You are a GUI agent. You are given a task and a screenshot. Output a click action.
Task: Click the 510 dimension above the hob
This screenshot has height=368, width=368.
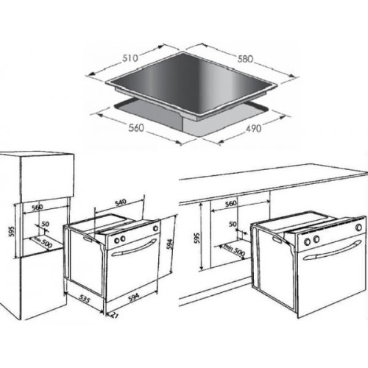click(130, 58)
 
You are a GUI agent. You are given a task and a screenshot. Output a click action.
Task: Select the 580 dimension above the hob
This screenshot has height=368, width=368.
click(245, 59)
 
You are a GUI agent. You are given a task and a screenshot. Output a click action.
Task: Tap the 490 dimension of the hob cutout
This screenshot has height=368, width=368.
click(253, 128)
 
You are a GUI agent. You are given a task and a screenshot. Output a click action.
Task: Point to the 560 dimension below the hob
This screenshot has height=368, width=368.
click(136, 127)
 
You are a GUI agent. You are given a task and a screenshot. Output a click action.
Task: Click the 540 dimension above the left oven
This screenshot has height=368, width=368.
click(121, 202)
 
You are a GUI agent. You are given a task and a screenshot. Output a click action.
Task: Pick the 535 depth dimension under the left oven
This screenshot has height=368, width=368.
click(85, 300)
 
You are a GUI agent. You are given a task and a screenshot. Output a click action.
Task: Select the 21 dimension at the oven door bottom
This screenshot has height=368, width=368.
click(115, 316)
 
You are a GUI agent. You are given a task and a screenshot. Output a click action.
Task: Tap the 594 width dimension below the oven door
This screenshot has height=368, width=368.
click(134, 297)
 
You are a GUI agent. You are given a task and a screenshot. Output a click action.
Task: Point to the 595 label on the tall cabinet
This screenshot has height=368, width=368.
click(12, 231)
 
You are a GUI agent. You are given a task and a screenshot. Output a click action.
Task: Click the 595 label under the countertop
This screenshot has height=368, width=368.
click(197, 238)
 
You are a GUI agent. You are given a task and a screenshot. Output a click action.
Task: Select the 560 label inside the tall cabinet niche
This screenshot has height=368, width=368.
click(38, 208)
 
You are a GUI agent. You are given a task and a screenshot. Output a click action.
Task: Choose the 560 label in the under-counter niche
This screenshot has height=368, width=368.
click(231, 203)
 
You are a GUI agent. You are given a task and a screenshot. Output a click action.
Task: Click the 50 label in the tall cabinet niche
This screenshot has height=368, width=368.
click(46, 224)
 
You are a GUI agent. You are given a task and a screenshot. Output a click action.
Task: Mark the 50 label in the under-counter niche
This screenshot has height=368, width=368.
click(233, 224)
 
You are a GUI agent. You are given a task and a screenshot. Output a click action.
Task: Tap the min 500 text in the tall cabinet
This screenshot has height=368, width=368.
click(43, 242)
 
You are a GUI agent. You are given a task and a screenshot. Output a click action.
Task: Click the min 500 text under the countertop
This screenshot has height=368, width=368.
click(234, 250)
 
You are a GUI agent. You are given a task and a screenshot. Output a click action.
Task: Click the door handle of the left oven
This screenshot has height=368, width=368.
click(134, 247)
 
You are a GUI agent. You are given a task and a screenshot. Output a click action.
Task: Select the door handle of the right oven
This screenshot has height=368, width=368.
click(332, 250)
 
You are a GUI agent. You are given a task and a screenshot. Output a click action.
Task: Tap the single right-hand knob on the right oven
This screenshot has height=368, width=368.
click(358, 227)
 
